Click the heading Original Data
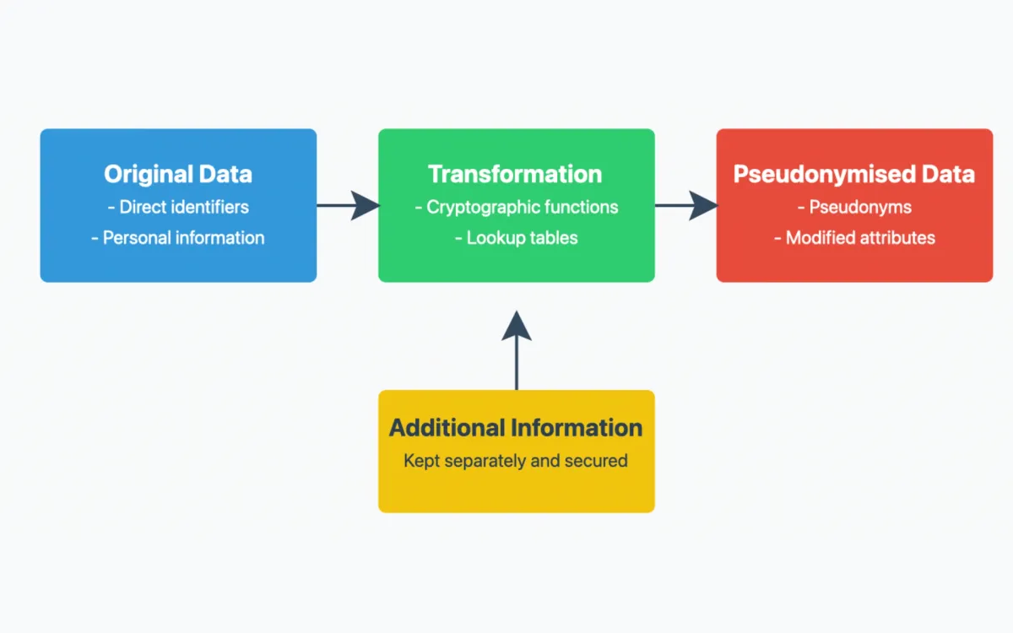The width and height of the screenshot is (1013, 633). pos(178,175)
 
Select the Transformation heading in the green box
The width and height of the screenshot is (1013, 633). pos(515,175)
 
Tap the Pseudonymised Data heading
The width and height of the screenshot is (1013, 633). pos(853,175)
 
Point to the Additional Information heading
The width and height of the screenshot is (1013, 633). pos(516,428)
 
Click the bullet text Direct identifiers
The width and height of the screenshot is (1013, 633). pos(178,207)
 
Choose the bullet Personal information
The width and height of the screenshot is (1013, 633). pos(178,238)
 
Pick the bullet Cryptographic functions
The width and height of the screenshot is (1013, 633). pos(516,207)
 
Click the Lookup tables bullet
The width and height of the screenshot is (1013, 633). pos(516,238)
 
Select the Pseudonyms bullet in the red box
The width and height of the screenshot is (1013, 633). pos(853,207)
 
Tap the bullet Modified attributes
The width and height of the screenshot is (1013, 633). pos(853,238)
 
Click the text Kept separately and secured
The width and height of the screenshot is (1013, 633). pos(516,461)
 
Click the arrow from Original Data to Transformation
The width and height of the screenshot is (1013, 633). pos(348,205)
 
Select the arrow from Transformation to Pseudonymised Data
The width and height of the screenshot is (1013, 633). pos(685,205)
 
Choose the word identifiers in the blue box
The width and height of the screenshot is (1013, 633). pos(208,207)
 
